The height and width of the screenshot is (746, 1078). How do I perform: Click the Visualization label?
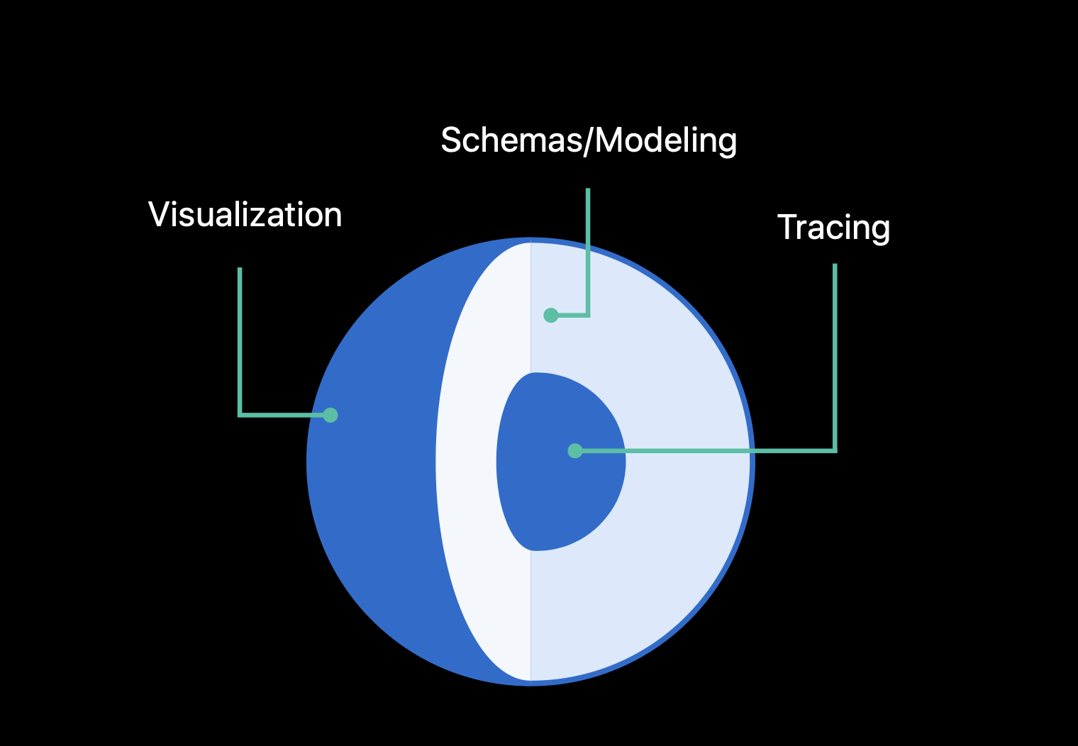(245, 215)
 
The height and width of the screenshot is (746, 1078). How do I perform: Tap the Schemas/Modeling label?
(589, 140)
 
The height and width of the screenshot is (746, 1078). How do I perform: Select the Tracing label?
(833, 228)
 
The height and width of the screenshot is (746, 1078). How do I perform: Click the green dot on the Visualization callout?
(330, 415)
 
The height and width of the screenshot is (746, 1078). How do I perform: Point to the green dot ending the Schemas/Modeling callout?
(550, 315)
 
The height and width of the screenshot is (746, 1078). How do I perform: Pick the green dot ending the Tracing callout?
(575, 450)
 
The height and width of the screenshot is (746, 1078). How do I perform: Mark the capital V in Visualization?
(158, 214)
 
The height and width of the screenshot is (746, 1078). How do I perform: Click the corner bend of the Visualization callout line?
(240, 414)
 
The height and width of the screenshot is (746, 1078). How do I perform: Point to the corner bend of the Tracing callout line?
(835, 450)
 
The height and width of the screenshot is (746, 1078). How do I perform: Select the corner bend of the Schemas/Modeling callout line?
(588, 314)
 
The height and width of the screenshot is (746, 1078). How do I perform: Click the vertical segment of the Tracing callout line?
(835, 355)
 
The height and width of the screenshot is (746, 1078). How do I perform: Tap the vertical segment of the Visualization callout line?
(240, 340)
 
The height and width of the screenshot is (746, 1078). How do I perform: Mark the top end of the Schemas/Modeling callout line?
(588, 190)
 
